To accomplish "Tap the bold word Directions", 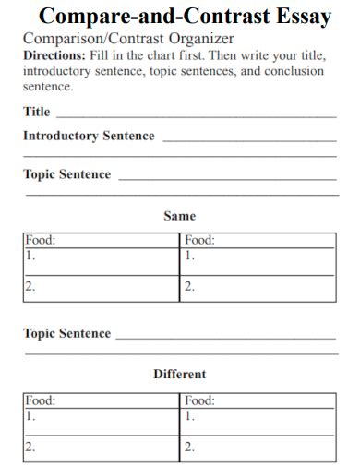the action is click(x=54, y=55).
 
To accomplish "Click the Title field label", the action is click(x=37, y=113).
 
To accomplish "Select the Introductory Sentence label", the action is click(x=89, y=136).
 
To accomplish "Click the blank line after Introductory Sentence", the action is click(x=249, y=140).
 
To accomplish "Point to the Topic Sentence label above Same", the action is click(x=66, y=174).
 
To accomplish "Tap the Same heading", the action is click(x=179, y=216).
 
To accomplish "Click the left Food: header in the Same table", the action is click(x=41, y=240).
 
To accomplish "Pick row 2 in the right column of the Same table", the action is click(x=258, y=288).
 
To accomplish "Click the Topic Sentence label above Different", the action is click(x=66, y=333).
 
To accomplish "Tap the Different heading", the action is click(x=179, y=375).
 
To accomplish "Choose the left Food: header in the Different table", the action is click(x=41, y=400).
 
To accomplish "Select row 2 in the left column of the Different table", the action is click(x=102, y=448).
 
